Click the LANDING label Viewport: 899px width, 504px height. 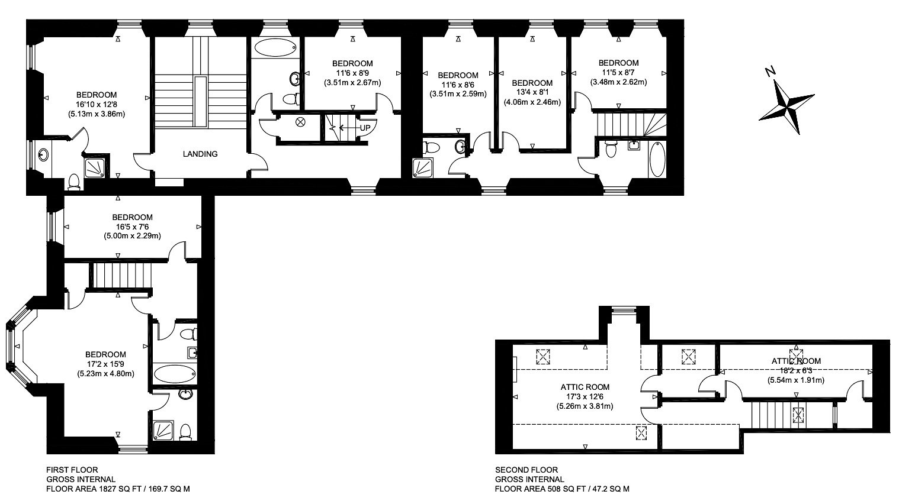click(x=200, y=154)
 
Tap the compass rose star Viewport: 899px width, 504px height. click(x=786, y=107)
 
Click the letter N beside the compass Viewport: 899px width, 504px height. click(x=770, y=72)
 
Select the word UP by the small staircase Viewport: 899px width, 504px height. click(x=365, y=128)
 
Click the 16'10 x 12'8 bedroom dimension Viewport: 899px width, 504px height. click(x=97, y=105)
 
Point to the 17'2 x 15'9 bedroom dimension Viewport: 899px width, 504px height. click(x=105, y=364)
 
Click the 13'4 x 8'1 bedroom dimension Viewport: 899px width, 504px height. click(x=532, y=93)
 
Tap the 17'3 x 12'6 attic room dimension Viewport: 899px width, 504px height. click(x=585, y=396)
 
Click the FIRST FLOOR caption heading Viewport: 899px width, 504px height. click(x=72, y=470)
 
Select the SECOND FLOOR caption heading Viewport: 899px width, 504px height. click(x=526, y=470)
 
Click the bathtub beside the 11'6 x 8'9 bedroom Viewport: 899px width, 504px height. click(x=275, y=47)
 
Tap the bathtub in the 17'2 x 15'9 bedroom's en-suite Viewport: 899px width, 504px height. click(x=175, y=374)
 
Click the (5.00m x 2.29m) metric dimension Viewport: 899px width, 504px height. click(x=133, y=236)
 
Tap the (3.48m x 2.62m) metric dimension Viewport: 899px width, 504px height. click(x=618, y=82)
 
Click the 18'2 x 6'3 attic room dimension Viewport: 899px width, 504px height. click(x=796, y=370)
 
